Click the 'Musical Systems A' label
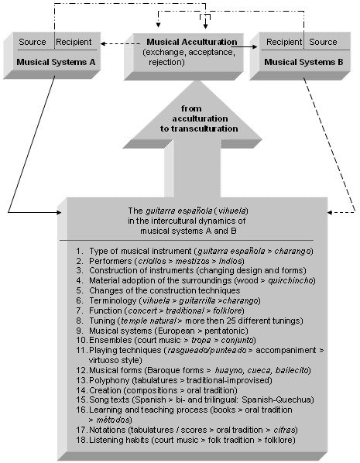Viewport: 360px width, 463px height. pyautogui.click(x=56, y=62)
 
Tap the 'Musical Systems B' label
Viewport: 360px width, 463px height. pyautogui.click(x=303, y=62)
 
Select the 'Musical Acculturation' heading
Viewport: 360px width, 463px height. pyautogui.click(x=192, y=42)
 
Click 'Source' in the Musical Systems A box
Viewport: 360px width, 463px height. pyautogui.click(x=33, y=42)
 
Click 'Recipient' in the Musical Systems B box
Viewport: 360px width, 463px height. pyautogui.click(x=284, y=42)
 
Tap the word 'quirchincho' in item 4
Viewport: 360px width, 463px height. pyautogui.click(x=290, y=280)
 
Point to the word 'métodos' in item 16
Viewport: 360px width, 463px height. pyautogui.click(x=113, y=420)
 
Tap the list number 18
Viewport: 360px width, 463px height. pyautogui.click(x=81, y=440)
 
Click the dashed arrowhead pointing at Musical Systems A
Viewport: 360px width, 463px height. pyautogui.click(x=103, y=44)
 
